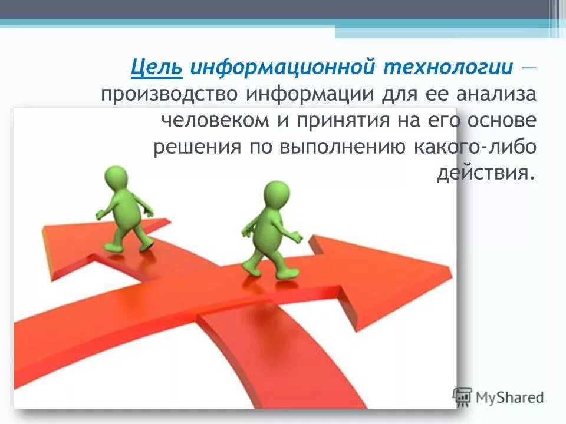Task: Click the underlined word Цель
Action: (x=156, y=67)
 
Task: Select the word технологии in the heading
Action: (x=449, y=67)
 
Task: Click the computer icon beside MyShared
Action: (x=462, y=397)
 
